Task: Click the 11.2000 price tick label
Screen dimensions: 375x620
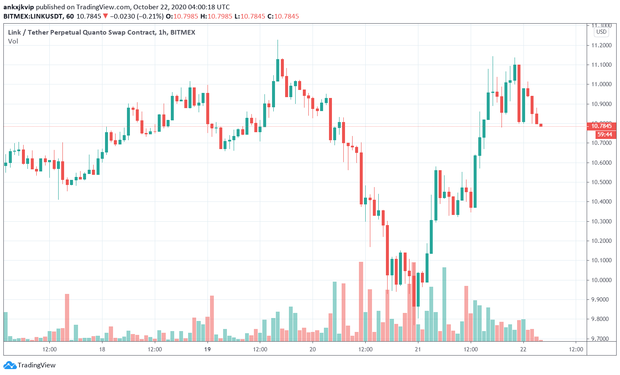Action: pos(601,46)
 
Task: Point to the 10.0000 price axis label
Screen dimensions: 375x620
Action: pos(601,280)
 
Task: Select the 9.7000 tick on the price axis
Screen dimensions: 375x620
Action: pos(601,339)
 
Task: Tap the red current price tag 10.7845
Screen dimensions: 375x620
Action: pos(601,126)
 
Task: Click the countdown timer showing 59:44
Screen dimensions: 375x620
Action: pos(604,135)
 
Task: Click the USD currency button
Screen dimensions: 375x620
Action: pos(601,32)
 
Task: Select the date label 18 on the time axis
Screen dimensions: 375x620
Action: pos(102,349)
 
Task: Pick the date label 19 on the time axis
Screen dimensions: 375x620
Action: pos(207,349)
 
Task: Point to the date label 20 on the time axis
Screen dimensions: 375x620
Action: pos(313,349)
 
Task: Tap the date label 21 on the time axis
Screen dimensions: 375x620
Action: pos(418,349)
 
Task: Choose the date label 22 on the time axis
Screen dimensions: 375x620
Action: pos(523,349)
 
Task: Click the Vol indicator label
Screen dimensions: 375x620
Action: pos(13,41)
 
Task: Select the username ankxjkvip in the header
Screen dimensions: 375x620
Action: pos(19,7)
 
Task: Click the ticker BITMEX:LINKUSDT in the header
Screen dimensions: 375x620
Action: pos(33,16)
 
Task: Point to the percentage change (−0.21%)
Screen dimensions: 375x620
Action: pos(150,16)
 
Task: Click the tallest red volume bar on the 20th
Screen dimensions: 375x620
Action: pos(361,301)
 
